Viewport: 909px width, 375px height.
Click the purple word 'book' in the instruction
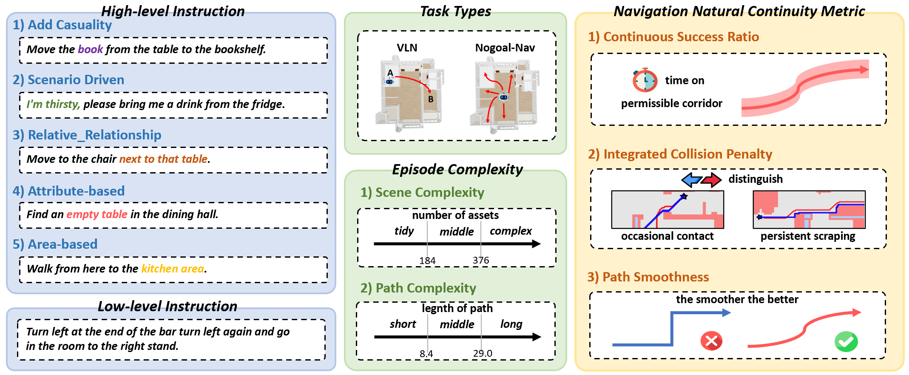[90, 49]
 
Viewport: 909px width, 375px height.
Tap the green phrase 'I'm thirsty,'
[53, 104]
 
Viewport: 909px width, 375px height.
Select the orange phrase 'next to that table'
[163, 159]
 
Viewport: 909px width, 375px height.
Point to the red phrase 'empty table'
[97, 214]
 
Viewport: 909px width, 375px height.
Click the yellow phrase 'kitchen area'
[173, 269]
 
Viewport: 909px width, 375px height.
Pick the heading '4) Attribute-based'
[68, 191]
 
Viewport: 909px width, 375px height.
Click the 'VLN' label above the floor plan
[407, 48]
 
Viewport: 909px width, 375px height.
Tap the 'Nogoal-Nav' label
[505, 48]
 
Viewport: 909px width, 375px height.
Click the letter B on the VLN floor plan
[431, 99]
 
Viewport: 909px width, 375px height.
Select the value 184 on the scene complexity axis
[427, 261]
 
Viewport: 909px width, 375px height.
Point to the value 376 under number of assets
[481, 260]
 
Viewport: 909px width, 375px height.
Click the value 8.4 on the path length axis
[426, 354]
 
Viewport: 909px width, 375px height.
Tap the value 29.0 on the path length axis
[483, 353]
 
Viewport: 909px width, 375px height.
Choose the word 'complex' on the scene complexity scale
[511, 231]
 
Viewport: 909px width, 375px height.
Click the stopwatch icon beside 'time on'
[645, 80]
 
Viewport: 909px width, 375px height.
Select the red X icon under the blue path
[711, 341]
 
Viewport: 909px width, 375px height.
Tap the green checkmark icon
[846, 341]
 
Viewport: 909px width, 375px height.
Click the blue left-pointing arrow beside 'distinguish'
[691, 180]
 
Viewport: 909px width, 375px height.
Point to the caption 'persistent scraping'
[808, 236]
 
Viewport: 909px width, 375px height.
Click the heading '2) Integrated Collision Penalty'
[680, 154]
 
